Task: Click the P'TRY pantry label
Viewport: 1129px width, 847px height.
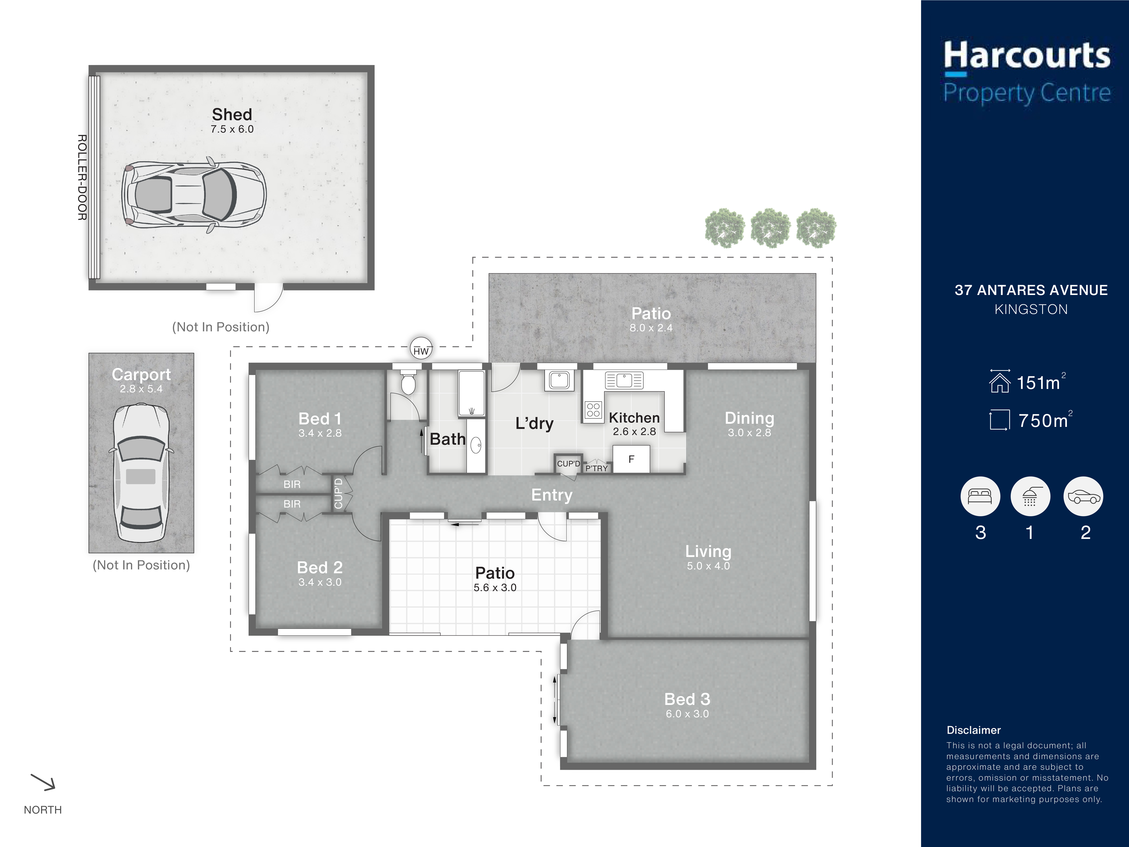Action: [596, 468]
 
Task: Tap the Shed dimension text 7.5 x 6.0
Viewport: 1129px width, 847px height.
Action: [232, 129]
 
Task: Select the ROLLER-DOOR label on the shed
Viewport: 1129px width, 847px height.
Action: [82, 177]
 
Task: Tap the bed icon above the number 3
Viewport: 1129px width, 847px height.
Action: [980, 496]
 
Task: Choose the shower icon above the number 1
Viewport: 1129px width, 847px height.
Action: [1030, 496]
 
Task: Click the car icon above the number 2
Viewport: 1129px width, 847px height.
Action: [1083, 496]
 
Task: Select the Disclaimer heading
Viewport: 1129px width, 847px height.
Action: [973, 730]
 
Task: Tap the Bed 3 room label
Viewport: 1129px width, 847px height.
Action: [687, 699]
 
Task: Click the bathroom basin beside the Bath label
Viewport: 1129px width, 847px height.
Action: [476, 445]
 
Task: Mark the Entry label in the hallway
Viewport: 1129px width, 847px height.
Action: [552, 495]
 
